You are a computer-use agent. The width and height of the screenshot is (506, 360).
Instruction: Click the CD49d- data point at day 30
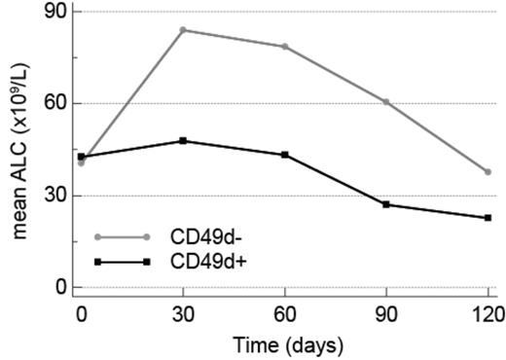183,29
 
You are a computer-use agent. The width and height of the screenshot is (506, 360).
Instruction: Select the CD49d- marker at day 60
285,46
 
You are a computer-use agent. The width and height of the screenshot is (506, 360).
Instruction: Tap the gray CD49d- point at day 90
386,101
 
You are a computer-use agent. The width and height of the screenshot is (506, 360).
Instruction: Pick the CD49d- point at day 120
488,171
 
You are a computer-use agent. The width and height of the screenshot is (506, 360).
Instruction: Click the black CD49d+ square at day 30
183,140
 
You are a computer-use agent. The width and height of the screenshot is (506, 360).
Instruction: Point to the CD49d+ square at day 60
285,155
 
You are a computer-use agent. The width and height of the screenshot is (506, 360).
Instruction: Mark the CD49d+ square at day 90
386,204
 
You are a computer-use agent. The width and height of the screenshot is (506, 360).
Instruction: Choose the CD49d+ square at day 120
488,218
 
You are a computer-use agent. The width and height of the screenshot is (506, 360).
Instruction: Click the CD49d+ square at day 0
82,157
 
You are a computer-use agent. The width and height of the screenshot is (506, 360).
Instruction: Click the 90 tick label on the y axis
55,12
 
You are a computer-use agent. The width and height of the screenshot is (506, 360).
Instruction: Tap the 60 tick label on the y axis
55,103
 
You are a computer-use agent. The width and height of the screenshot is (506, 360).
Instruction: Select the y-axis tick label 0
60,287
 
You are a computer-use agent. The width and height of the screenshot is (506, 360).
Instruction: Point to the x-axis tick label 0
82,314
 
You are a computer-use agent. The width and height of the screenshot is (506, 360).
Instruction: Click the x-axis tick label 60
285,314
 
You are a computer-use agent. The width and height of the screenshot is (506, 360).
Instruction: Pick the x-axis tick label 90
386,314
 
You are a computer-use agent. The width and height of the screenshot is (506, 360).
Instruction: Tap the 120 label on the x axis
488,314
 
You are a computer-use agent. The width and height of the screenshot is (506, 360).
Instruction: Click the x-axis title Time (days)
285,343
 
